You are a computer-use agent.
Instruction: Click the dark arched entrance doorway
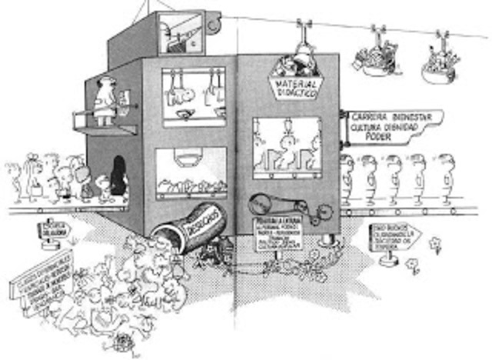point(118,177)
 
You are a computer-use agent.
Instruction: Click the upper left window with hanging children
point(194,95)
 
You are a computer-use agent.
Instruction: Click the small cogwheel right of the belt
point(321,210)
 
